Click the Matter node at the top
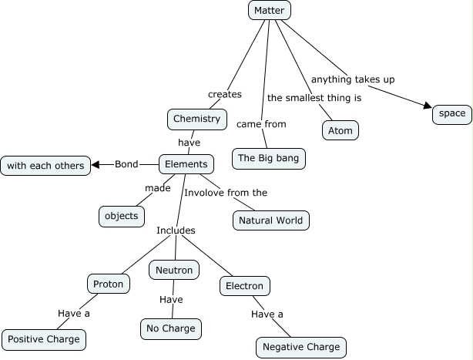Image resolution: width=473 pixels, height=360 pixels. click(269, 10)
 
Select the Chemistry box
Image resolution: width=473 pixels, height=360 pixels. click(196, 119)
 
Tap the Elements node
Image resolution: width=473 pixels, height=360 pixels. click(186, 164)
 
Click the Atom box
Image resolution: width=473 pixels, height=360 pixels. click(340, 130)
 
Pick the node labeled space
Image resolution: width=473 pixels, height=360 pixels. click(451, 114)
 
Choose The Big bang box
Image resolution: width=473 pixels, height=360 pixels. click(268, 159)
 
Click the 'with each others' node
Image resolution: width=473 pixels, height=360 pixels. click(45, 165)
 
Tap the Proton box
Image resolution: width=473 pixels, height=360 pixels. click(108, 284)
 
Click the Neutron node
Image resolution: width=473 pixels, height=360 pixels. click(174, 270)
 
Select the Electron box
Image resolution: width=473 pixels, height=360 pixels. click(244, 286)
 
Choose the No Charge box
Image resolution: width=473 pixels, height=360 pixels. click(171, 329)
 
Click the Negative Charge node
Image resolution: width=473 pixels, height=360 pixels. click(301, 347)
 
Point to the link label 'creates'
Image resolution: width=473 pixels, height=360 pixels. click(224, 94)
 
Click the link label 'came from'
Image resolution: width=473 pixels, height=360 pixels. click(261, 124)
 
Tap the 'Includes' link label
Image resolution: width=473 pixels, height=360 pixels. click(176, 230)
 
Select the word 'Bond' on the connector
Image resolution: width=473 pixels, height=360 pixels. click(126, 164)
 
